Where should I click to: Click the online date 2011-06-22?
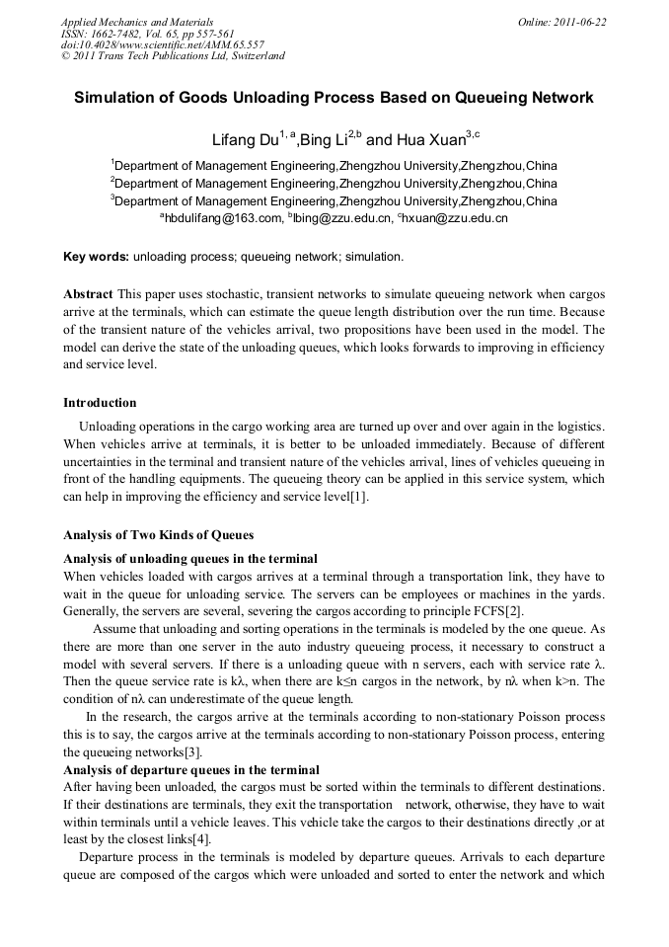point(561,22)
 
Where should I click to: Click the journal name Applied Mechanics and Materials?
point(137,22)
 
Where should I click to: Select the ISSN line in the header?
point(147,33)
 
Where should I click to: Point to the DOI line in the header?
point(162,44)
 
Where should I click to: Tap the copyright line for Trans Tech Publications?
point(173,56)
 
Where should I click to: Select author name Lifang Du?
point(245,141)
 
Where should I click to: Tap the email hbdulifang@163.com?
point(220,218)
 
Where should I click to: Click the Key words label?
point(96,257)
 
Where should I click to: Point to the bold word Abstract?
point(88,294)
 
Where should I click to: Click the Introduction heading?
point(100,403)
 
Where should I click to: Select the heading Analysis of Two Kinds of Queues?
point(158,535)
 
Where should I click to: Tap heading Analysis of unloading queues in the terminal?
point(189,559)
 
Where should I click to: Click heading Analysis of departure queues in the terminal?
point(190,769)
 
